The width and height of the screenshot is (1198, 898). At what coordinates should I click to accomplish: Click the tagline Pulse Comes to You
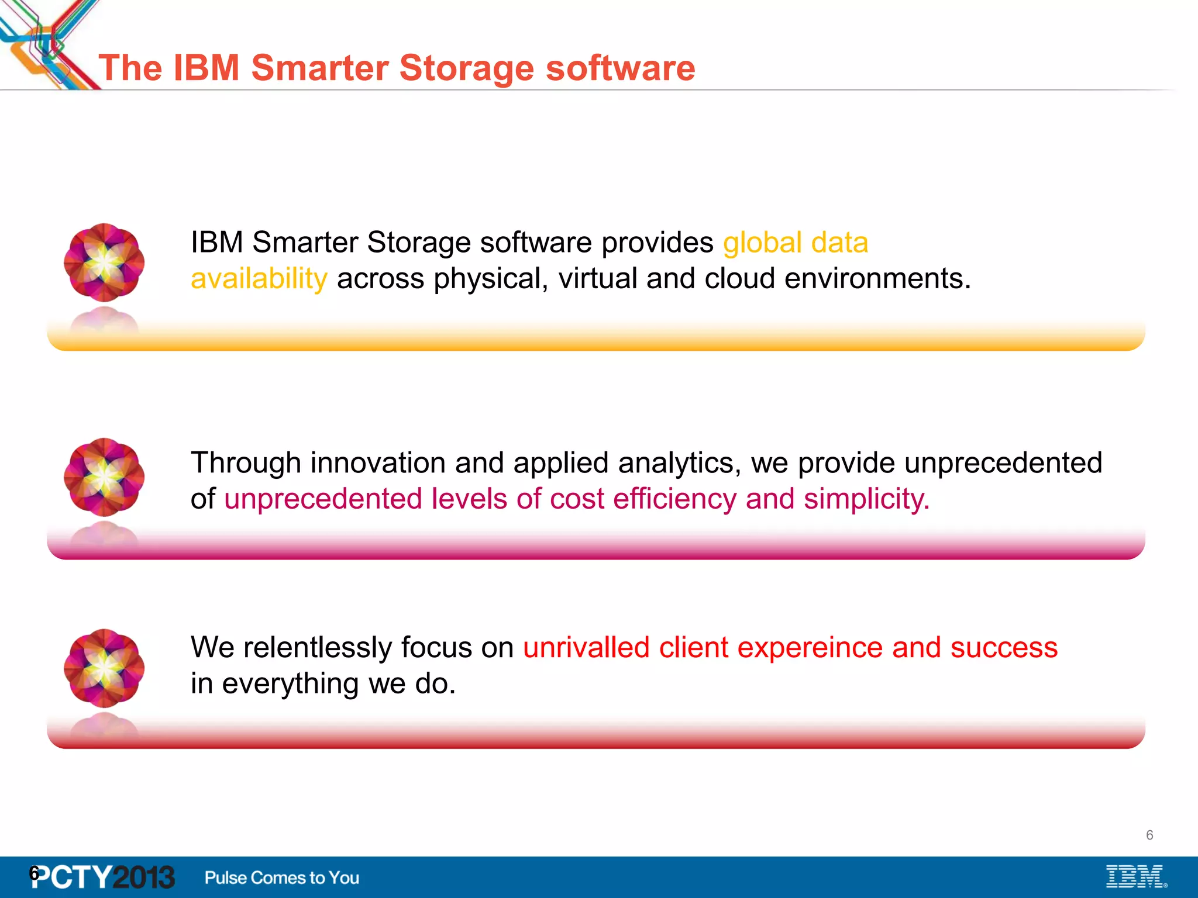[281, 878]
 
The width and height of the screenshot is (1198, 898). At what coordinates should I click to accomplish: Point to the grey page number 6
[1149, 835]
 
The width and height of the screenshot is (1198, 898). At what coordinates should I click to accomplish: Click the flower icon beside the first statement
[104, 263]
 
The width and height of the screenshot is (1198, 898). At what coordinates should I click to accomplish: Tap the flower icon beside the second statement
[104, 477]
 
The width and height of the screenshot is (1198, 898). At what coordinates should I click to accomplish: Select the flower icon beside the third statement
[104, 668]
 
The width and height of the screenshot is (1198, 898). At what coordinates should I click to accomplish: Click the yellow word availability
[259, 279]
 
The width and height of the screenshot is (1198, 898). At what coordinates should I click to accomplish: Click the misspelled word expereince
[811, 648]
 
